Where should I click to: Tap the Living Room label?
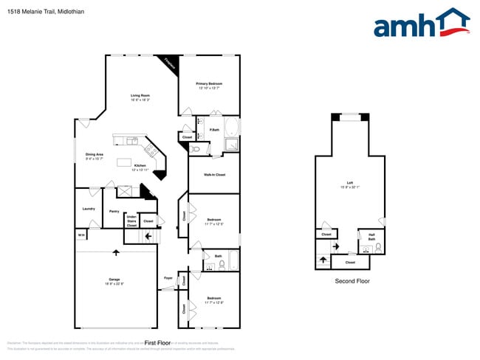(x=140, y=97)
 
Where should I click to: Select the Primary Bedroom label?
(x=209, y=86)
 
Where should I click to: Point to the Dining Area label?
(x=94, y=156)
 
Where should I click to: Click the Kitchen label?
(x=140, y=167)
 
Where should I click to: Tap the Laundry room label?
(x=88, y=209)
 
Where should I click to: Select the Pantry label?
(x=114, y=212)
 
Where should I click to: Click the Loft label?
(x=349, y=184)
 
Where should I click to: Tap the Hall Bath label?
(x=371, y=237)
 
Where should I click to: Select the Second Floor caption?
(x=352, y=281)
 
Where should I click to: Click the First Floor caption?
(x=157, y=343)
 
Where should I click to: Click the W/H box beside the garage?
(x=80, y=235)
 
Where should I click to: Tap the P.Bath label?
(x=214, y=131)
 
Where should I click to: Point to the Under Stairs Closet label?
(x=131, y=221)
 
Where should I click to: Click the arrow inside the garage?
(x=115, y=252)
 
